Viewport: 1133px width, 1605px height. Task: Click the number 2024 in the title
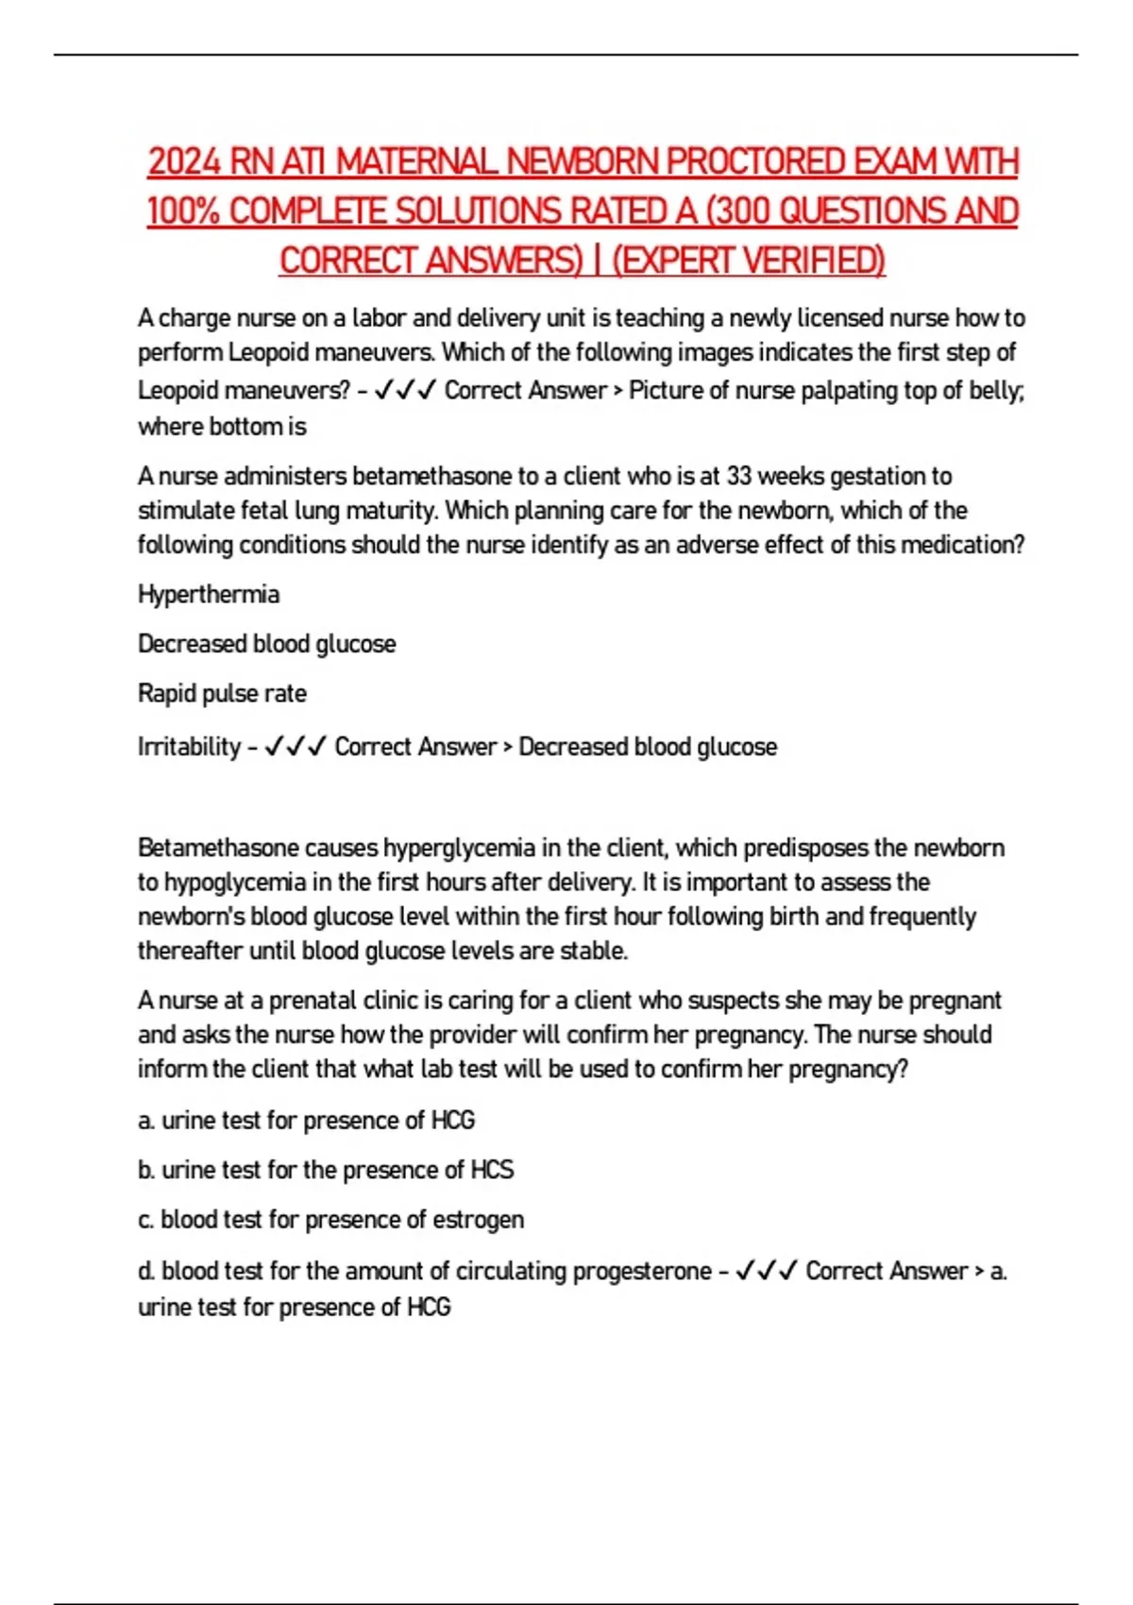point(185,161)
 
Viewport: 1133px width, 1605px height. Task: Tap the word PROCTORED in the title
point(755,161)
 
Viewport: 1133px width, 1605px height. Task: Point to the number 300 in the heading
point(744,211)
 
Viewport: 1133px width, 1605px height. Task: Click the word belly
point(996,390)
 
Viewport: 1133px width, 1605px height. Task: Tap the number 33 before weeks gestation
point(739,476)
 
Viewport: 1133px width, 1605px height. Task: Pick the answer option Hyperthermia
point(209,595)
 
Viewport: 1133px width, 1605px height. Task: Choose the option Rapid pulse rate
point(222,693)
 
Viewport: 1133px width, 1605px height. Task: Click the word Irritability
point(189,747)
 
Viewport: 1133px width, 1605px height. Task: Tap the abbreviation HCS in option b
point(492,1170)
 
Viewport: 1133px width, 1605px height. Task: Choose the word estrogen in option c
point(478,1220)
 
